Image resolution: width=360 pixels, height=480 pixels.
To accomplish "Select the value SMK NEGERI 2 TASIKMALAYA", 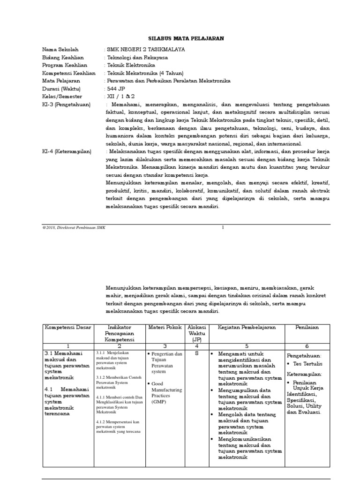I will (146, 50).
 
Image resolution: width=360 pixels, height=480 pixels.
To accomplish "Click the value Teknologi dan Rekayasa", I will (138, 58).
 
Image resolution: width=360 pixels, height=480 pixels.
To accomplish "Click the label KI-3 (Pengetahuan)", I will (66, 105).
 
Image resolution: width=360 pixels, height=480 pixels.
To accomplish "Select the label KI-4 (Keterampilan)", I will (67, 151).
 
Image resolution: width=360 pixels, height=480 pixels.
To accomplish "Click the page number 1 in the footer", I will (223, 227).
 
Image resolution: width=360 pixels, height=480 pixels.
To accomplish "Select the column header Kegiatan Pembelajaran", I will (247, 327).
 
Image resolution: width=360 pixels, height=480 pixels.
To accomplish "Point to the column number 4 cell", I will (194, 346).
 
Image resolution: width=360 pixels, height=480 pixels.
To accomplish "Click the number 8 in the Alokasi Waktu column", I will (194, 354).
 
